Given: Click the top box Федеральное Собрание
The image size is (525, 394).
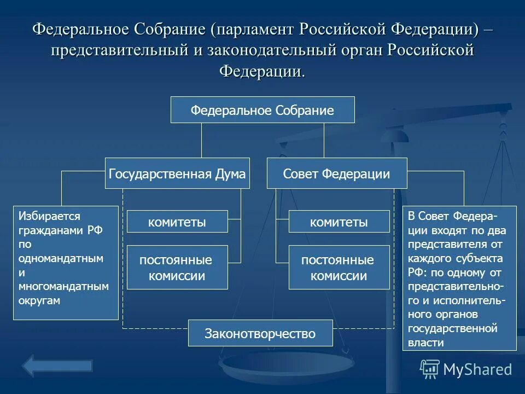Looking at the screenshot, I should point(262,110).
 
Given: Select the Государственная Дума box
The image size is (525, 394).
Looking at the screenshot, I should point(177,173).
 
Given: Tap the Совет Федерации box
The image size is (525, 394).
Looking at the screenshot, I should point(337,173).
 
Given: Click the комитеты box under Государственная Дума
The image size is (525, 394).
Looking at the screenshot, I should point(177,222).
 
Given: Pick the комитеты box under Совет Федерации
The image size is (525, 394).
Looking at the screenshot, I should point(339,222).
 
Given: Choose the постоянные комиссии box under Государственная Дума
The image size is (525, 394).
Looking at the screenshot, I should point(177,268).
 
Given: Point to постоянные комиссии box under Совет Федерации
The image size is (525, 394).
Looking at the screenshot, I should point(339,268).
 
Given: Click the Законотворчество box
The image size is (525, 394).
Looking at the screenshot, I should point(260,333).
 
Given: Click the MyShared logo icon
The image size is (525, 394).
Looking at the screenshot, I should point(429,369).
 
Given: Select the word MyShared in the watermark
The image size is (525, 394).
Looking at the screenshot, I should point(477,369).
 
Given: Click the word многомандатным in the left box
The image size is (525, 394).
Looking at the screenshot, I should point(63,286).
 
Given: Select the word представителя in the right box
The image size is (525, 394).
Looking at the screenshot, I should point(447,244).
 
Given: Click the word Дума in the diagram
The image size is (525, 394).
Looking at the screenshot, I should point(230,174).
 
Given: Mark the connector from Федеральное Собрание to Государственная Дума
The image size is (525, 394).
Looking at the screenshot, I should point(202,140).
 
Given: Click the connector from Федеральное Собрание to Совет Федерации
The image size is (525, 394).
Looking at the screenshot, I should point(324,140).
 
